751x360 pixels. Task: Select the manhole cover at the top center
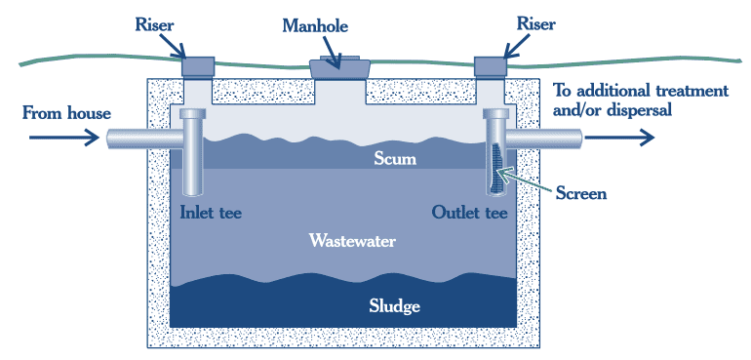[x=337, y=67]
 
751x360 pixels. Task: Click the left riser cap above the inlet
[x=200, y=65]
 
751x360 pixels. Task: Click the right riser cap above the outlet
[x=492, y=65]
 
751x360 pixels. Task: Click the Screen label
[x=580, y=193]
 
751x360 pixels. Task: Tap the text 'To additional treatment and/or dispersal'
[x=640, y=100]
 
